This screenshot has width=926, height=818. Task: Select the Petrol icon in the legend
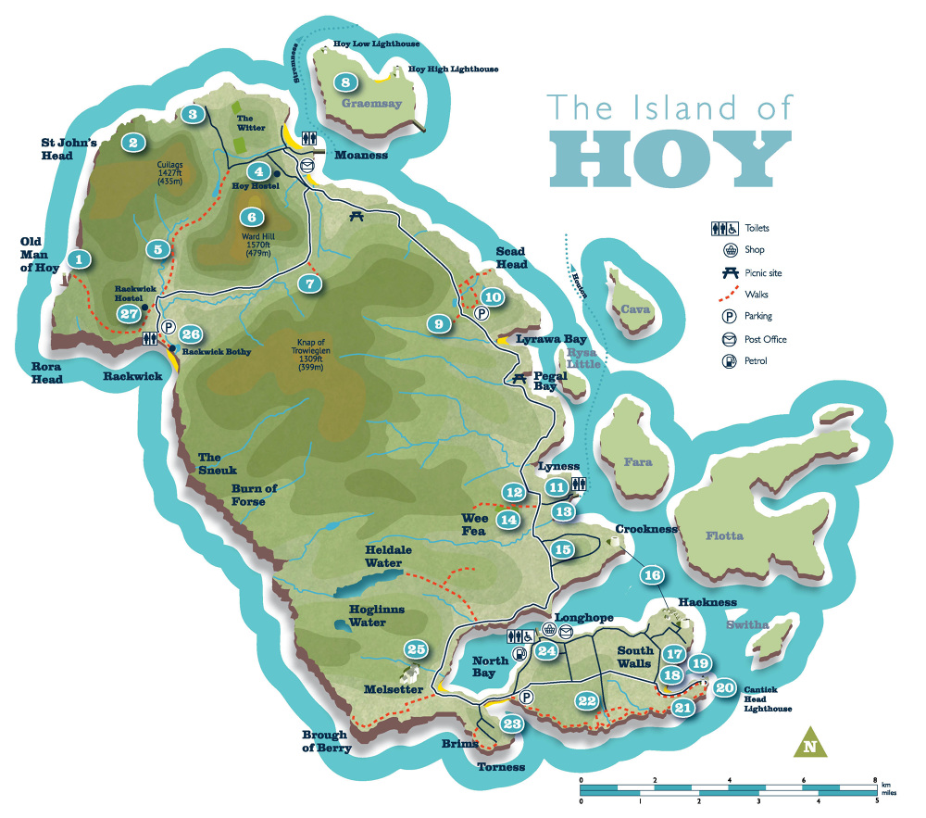coord(730,361)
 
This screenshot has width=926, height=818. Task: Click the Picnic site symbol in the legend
coord(730,272)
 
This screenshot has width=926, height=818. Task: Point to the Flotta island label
coord(724,535)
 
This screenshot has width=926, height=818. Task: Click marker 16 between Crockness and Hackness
coord(652,575)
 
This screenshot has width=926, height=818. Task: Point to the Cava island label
coord(635,309)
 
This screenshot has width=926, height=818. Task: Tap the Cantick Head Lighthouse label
coord(768,698)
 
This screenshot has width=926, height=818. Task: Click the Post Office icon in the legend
coord(730,339)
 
